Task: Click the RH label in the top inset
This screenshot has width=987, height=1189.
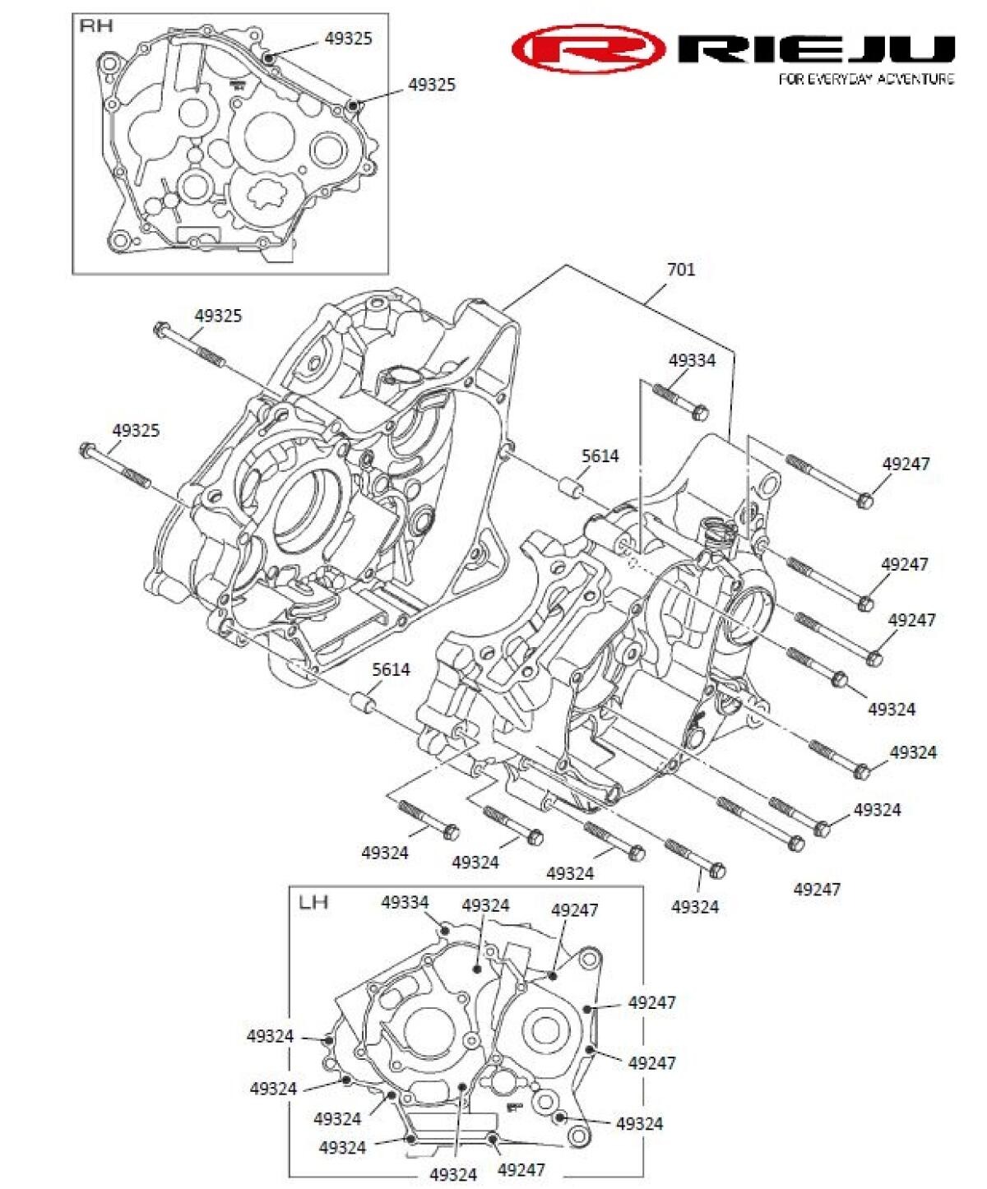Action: point(95,26)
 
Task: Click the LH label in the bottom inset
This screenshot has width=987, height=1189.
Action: point(313,902)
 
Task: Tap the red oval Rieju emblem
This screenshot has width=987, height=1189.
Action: point(587,49)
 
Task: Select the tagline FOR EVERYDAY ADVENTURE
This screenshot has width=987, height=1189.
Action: point(866,79)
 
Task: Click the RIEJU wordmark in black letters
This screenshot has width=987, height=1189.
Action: point(817,49)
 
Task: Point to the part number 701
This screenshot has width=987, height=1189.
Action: point(680,270)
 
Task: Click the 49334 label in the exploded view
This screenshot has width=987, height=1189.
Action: point(692,360)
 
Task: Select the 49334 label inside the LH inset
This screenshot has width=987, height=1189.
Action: point(405,902)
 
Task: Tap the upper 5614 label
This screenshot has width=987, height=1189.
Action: point(600,456)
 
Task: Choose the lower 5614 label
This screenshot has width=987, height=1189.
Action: point(391,669)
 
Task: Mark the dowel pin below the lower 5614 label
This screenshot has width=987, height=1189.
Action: point(363,705)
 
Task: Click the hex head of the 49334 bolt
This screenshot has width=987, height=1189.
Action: point(699,412)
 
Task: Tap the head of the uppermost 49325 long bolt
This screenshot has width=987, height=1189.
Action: point(160,329)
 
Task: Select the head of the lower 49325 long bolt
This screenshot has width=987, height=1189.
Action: point(87,450)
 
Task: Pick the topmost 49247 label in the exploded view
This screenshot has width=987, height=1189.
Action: point(906,464)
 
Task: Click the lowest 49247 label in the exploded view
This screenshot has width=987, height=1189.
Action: point(817,889)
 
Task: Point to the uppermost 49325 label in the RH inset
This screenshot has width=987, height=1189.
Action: point(348,39)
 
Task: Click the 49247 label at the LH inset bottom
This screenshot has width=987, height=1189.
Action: point(521,1169)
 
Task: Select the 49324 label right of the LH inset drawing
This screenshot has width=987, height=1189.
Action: point(639,1123)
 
